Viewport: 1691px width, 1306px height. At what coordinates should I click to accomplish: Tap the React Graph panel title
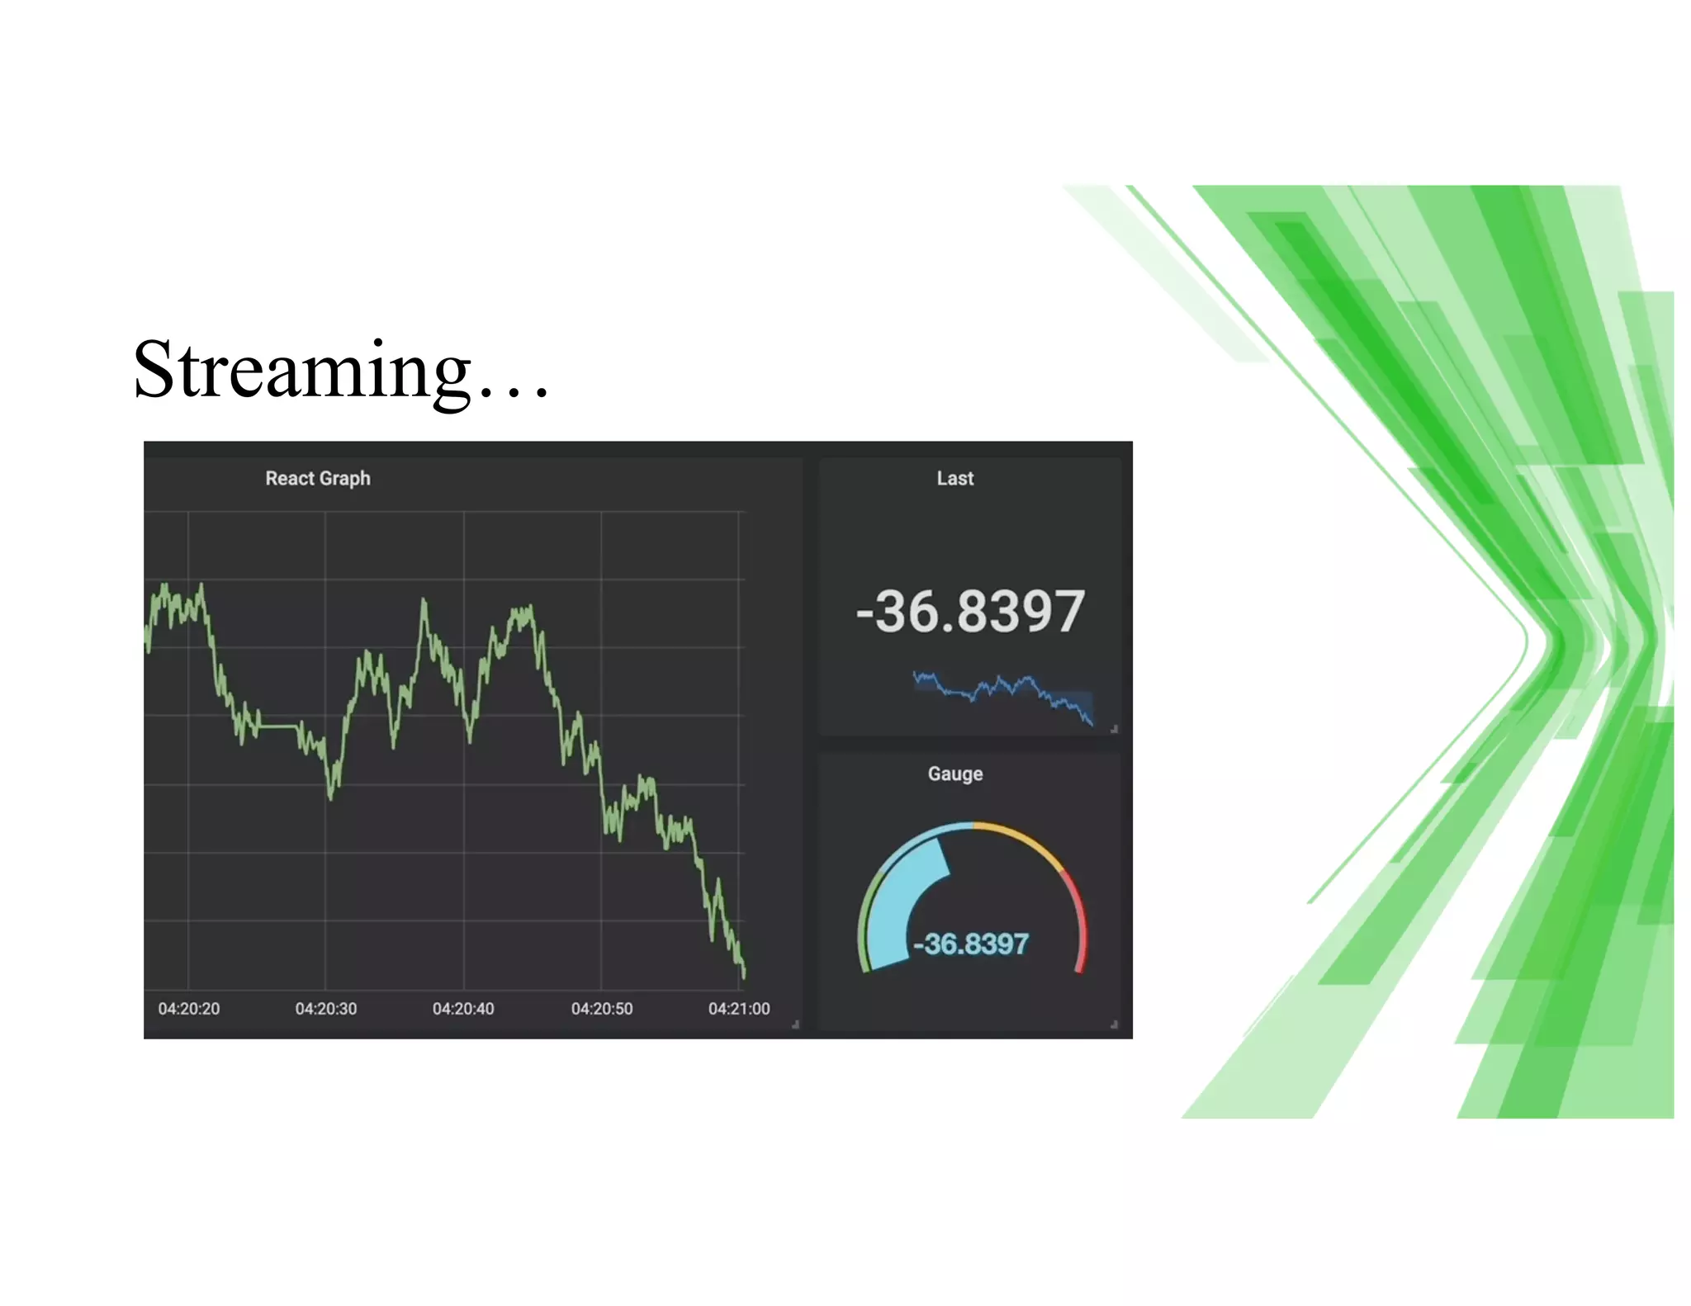(317, 479)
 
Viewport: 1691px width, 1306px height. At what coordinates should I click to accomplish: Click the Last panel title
(954, 479)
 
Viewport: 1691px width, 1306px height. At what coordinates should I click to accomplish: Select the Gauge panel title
(954, 774)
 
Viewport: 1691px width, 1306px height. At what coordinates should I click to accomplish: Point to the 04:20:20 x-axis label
(189, 1009)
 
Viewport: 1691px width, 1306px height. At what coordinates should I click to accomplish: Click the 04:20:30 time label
(326, 1009)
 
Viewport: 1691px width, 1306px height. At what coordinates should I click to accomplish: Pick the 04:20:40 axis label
(463, 1009)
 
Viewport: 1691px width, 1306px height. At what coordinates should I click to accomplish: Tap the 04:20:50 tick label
(601, 1009)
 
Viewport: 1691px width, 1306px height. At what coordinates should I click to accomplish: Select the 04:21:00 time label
(738, 1009)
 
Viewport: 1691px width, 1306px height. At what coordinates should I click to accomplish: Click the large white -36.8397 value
(970, 613)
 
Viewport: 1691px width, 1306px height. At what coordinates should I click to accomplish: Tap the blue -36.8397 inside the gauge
(971, 944)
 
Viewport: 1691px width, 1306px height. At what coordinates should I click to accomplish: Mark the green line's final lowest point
(743, 976)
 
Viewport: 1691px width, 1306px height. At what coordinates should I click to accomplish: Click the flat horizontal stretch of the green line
(279, 726)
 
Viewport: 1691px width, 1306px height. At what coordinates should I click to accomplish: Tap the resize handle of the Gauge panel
(1114, 1024)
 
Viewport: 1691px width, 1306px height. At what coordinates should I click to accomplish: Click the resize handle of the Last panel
(1114, 729)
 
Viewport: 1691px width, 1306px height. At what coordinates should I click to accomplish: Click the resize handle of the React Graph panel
(795, 1024)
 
